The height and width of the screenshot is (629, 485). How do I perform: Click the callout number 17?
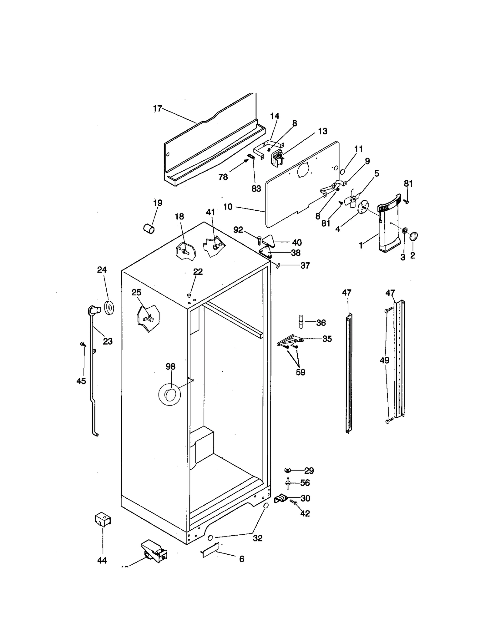pos(157,109)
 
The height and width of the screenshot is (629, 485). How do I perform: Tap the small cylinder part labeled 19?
pos(149,228)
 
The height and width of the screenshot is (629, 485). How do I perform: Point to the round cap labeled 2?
pos(413,236)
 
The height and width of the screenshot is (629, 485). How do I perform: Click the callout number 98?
pos(170,366)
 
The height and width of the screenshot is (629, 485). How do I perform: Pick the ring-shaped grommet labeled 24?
pos(109,307)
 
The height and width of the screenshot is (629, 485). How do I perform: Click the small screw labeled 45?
pos(83,344)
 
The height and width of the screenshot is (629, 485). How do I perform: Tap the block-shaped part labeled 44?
pos(102,520)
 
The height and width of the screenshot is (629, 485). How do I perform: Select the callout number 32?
pos(257,538)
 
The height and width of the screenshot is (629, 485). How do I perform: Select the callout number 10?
pos(228,207)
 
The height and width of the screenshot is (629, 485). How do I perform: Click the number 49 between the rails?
pos(384,360)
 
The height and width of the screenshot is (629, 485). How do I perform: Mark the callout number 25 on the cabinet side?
pos(136,292)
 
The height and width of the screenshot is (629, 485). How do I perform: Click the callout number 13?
pos(323,131)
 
